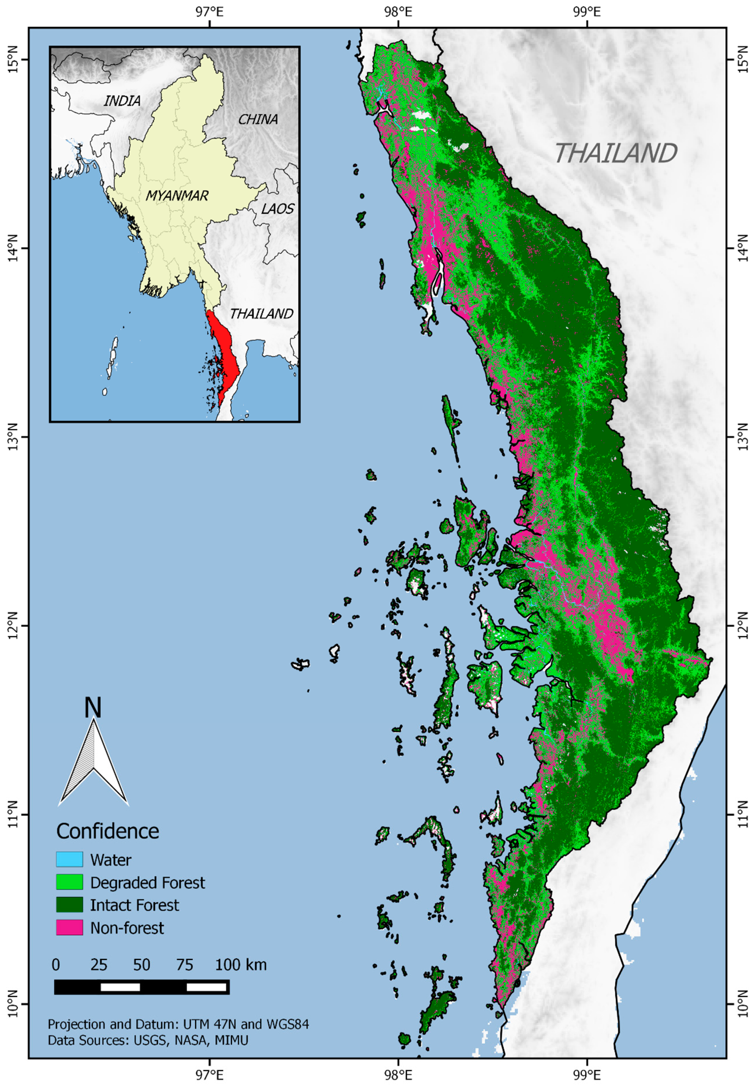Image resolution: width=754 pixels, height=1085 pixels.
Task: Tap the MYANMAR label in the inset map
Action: tap(177, 195)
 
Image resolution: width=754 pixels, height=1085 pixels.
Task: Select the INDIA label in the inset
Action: tap(122, 101)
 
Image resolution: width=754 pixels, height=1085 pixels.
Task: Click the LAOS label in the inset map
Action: tap(278, 208)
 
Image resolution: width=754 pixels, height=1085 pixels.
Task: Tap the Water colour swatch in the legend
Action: tap(70, 846)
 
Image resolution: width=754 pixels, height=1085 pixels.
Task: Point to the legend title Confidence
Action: tap(108, 818)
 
